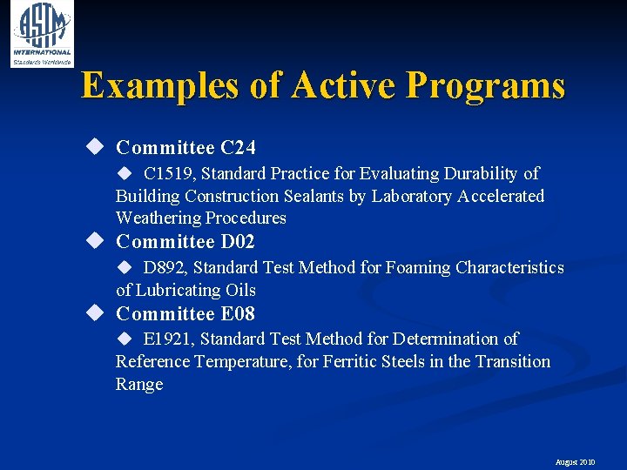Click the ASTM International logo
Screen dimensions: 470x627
click(41, 34)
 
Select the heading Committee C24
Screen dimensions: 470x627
click(185, 147)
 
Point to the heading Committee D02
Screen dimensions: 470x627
click(185, 241)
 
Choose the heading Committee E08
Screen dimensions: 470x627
click(185, 313)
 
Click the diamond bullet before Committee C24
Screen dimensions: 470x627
click(94, 146)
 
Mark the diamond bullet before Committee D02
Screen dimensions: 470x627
click(94, 240)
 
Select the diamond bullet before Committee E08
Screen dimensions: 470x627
click(94, 312)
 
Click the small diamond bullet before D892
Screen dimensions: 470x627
click(124, 267)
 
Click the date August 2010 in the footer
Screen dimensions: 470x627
click(576, 462)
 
